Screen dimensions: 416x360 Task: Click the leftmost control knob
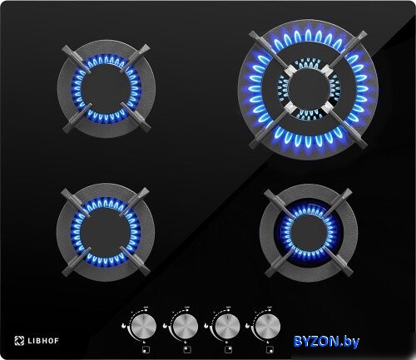point(144,326)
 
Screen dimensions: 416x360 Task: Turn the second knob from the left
point(186,326)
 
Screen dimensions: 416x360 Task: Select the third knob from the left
point(227,326)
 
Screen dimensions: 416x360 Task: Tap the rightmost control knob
point(268,326)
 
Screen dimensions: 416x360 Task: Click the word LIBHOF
point(43,341)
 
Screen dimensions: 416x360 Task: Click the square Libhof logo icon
point(19,341)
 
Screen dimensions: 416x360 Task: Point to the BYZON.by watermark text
point(326,341)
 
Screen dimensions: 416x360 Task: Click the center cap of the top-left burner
point(106,89)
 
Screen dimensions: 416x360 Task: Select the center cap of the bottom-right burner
point(309,231)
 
